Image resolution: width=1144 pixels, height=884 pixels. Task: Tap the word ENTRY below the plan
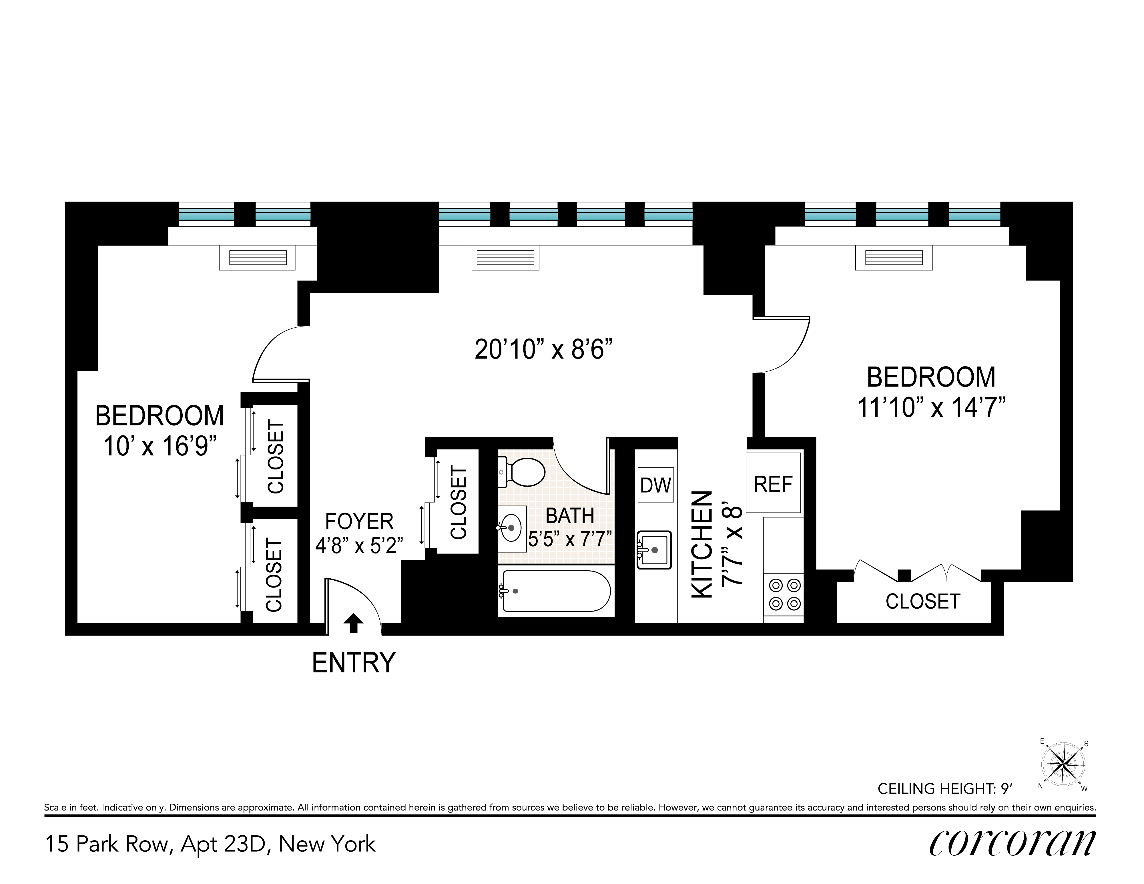[354, 663]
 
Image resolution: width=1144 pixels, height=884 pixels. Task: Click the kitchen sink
[654, 550]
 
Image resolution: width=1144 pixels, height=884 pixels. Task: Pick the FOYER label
[359, 521]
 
